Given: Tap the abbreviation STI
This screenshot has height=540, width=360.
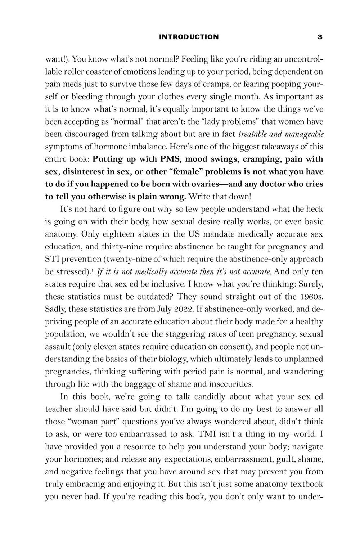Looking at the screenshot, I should [x=53, y=259].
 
